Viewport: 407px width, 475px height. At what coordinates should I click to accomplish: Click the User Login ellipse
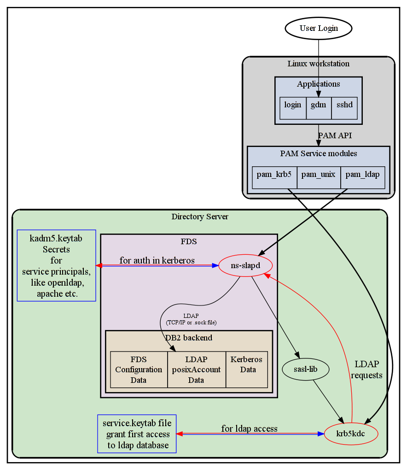tap(319, 29)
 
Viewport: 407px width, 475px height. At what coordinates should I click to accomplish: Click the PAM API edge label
tap(335, 135)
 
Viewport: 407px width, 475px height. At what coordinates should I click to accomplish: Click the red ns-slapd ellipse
tap(245, 265)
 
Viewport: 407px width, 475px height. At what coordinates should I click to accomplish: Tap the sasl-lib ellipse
tap(305, 369)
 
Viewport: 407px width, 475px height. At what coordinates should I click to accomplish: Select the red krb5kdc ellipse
tap(351, 434)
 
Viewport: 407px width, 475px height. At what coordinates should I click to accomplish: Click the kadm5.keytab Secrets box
tap(56, 265)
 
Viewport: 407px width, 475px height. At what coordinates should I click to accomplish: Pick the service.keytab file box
tap(137, 434)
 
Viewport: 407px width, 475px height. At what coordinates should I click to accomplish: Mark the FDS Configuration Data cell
tap(139, 369)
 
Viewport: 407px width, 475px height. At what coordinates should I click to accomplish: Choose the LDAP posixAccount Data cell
tap(196, 369)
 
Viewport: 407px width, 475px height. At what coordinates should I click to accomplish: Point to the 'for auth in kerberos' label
tap(157, 261)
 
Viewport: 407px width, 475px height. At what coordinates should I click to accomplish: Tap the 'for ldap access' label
tap(249, 429)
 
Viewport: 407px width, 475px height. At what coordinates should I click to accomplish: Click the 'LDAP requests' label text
tap(366, 369)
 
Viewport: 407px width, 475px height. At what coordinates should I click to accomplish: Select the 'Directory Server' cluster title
tap(200, 217)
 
